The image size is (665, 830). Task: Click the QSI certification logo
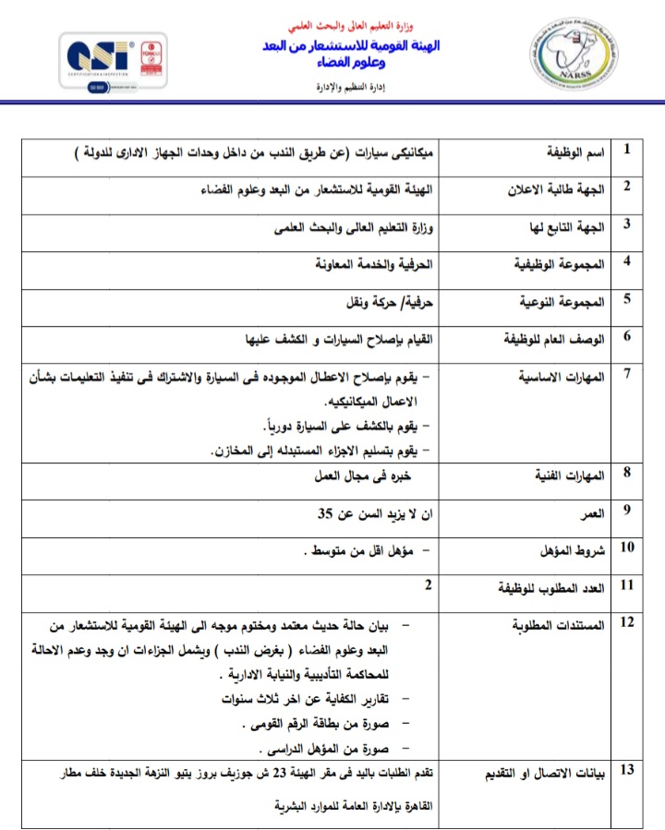[113, 60]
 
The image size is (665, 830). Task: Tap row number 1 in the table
[628, 149]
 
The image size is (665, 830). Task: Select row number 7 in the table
[628, 373]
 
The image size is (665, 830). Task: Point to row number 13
[628, 770]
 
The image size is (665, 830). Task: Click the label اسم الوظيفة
[573, 150]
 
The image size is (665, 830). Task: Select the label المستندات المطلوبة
[558, 625]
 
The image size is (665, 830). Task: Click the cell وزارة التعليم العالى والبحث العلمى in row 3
[358, 225]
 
